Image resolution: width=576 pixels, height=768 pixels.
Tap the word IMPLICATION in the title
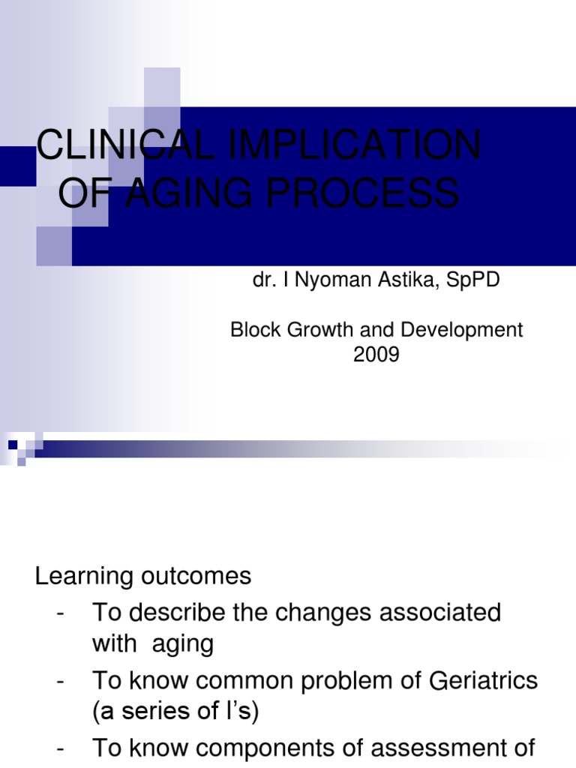coord(351,145)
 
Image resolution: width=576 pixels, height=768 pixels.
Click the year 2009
coord(376,355)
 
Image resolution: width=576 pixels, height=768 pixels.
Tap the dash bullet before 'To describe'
coord(60,613)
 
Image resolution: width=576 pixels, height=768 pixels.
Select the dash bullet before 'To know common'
coord(60,680)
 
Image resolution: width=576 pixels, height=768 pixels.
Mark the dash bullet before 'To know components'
coord(60,748)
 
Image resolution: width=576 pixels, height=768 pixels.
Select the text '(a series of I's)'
coord(175,712)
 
